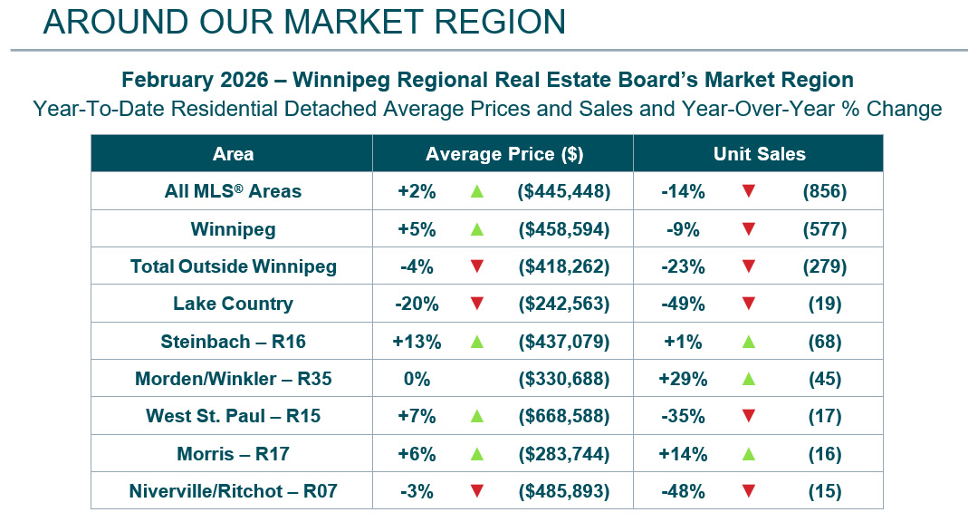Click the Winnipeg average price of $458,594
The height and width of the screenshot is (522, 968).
[x=563, y=229]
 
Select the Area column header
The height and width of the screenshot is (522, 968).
[x=233, y=154]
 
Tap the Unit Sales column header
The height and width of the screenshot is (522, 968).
[x=759, y=154]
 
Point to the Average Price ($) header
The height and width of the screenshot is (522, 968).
[x=504, y=154]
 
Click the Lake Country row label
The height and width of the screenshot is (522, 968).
[x=233, y=304]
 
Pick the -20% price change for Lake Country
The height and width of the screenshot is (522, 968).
[x=418, y=304]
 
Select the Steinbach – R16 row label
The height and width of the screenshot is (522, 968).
[x=233, y=342]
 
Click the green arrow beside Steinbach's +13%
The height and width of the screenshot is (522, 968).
[x=477, y=342]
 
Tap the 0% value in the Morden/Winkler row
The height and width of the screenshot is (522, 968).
[x=417, y=379]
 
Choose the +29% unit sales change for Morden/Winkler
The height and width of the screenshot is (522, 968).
[x=683, y=379]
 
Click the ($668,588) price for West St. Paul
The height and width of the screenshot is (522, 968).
[x=563, y=417]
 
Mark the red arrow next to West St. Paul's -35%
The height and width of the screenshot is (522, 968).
[x=748, y=417]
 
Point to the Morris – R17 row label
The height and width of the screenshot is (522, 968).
[x=233, y=454]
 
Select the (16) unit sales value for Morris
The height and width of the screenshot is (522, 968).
[x=824, y=454]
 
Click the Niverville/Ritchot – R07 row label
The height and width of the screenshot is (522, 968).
[x=233, y=492]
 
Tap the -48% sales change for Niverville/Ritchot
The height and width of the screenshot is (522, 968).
[x=683, y=492]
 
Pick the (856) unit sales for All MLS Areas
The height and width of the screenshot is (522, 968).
[x=824, y=191]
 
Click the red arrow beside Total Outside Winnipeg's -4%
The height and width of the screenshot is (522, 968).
[x=477, y=266]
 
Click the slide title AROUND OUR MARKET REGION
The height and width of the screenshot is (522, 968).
[x=304, y=22]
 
